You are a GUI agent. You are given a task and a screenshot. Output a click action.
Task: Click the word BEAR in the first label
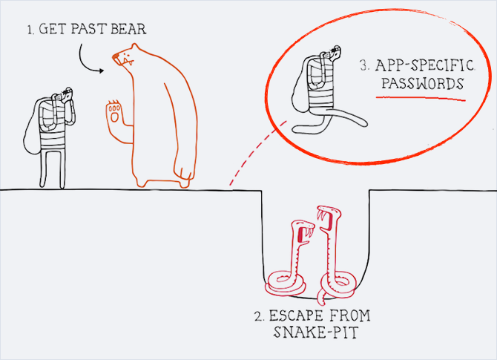point(128,29)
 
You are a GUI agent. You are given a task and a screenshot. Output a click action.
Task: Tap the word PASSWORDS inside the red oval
point(422,83)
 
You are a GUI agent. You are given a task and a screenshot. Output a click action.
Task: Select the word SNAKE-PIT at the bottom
point(316,333)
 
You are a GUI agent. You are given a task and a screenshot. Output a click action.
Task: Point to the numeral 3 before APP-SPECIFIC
point(364,65)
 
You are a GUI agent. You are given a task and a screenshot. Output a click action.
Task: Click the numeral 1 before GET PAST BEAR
point(30,30)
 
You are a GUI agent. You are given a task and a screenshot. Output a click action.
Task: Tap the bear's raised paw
point(114,113)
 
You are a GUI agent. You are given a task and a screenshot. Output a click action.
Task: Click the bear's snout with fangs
point(123,59)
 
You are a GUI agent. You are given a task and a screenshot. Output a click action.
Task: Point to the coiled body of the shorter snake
point(286,283)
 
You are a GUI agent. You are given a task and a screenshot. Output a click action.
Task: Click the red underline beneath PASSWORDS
point(421,98)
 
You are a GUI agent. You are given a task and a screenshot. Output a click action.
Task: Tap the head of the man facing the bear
point(68,94)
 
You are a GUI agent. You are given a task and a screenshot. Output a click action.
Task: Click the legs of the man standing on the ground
point(53,168)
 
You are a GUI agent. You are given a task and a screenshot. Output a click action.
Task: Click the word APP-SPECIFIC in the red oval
point(425,65)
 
